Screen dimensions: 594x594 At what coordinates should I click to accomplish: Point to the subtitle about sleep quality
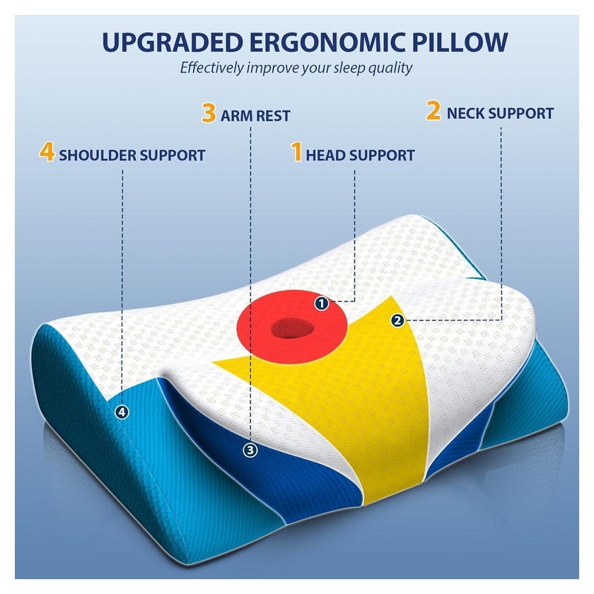point(296,68)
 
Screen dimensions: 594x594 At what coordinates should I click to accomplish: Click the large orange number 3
point(209,113)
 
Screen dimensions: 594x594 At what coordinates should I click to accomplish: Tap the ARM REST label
point(255,116)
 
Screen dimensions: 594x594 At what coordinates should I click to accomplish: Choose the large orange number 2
point(433,110)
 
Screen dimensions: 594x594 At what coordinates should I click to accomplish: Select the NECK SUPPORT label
point(500,113)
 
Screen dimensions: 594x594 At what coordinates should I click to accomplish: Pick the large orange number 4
point(47,152)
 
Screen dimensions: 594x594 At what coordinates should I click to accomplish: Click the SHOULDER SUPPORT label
point(132,156)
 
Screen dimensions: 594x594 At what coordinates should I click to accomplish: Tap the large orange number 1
point(296,152)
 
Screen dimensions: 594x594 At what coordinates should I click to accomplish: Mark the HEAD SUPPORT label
point(360,156)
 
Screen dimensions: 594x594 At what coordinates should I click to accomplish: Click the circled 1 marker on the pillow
point(322,303)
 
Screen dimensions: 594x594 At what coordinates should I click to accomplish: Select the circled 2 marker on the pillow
point(397,321)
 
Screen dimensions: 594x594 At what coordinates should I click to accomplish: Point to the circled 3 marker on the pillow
point(250,450)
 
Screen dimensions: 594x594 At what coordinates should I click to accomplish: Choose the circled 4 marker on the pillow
point(122,412)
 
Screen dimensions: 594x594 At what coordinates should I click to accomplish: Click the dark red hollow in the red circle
point(293,328)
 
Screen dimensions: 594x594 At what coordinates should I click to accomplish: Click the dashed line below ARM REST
point(250,284)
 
